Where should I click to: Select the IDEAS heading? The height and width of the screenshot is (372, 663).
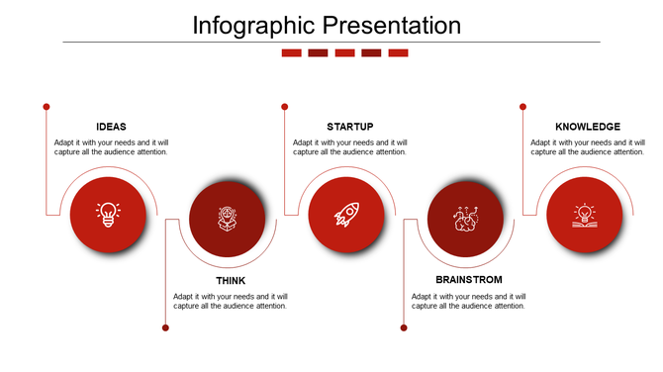111,127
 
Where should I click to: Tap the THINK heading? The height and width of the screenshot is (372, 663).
231,281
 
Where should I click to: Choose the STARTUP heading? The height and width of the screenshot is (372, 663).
349,127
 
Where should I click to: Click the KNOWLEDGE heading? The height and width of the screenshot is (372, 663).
588,127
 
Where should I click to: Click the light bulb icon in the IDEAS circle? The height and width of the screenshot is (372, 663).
108,215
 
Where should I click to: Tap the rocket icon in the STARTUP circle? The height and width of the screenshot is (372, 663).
346,215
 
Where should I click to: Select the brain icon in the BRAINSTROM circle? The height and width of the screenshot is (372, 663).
465,219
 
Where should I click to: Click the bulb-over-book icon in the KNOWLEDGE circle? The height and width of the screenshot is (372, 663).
585,215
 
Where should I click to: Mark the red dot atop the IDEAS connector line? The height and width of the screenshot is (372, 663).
47,106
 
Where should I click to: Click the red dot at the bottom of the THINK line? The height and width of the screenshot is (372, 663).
165,327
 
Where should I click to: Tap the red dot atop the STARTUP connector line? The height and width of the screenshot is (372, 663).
284,106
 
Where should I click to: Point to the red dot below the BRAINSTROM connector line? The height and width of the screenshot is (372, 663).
404,327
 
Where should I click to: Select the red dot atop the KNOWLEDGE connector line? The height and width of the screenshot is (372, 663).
522,106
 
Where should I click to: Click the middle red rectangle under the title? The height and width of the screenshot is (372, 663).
344,53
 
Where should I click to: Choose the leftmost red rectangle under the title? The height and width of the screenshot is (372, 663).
291,53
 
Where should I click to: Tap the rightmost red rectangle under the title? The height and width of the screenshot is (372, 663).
398,53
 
